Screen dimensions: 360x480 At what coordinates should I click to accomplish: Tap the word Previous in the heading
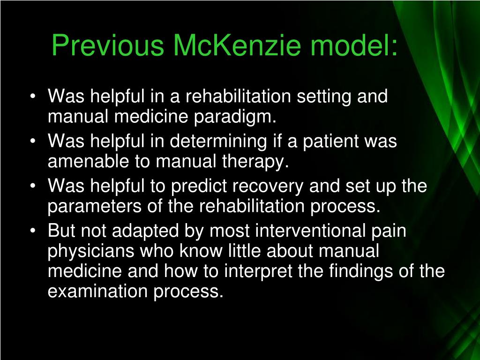tap(108, 46)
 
